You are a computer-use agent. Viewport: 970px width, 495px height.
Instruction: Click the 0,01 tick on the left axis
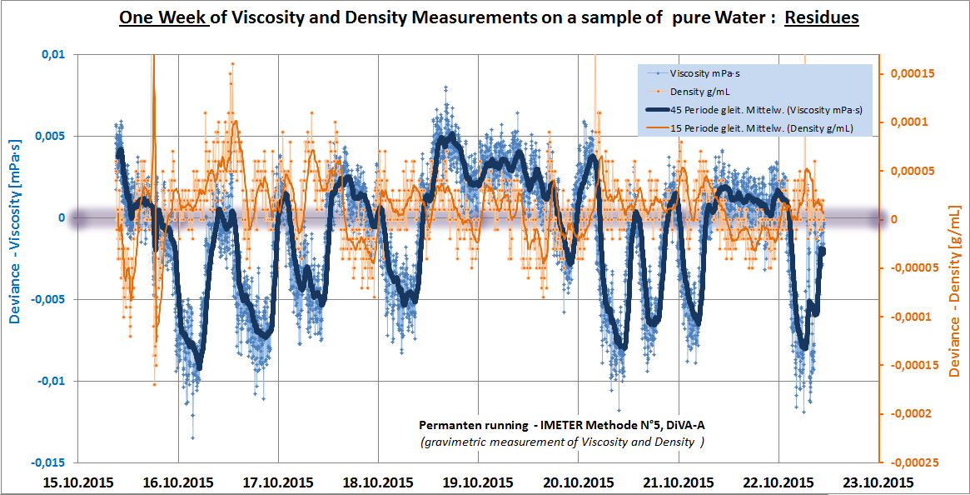tap(52, 55)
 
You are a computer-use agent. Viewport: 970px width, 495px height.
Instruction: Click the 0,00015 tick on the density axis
tap(912, 73)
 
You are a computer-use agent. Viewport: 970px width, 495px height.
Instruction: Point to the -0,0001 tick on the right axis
tap(913, 317)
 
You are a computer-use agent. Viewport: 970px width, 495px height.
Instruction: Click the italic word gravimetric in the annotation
tap(461, 442)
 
